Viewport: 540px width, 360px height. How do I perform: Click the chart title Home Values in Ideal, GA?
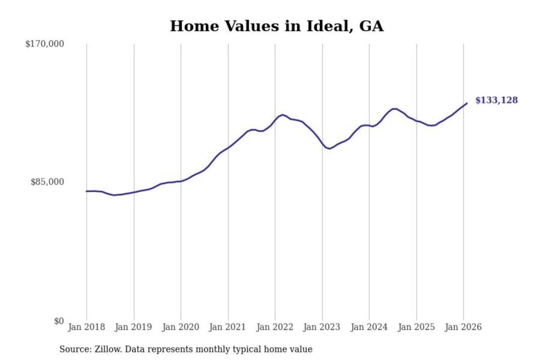pyautogui.click(x=277, y=26)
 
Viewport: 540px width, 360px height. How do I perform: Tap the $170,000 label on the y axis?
pyautogui.click(x=45, y=44)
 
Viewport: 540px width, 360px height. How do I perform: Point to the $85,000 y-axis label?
pyautogui.click(x=47, y=182)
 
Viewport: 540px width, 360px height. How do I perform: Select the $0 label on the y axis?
pyautogui.click(x=59, y=321)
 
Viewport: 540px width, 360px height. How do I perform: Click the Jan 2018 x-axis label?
pyautogui.click(x=86, y=327)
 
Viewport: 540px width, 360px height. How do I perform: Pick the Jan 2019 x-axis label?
pyautogui.click(x=133, y=327)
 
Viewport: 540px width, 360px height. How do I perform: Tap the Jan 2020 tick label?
pyautogui.click(x=180, y=327)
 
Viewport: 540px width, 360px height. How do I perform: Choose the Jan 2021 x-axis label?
pyautogui.click(x=227, y=327)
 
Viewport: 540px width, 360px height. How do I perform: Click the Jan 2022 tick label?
pyautogui.click(x=274, y=327)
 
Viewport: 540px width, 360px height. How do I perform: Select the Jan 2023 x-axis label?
pyautogui.click(x=321, y=327)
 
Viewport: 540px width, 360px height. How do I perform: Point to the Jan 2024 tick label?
pyautogui.click(x=369, y=327)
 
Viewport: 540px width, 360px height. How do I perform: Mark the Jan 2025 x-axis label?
pyautogui.click(x=416, y=327)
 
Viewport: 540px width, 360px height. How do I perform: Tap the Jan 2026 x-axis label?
pyautogui.click(x=463, y=327)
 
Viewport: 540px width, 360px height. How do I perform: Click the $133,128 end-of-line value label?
pyautogui.click(x=496, y=100)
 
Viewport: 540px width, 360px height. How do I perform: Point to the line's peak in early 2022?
pyautogui.click(x=282, y=115)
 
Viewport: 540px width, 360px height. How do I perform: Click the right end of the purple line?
pyautogui.click(x=467, y=103)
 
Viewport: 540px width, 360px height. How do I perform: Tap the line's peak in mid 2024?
pyautogui.click(x=394, y=109)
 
